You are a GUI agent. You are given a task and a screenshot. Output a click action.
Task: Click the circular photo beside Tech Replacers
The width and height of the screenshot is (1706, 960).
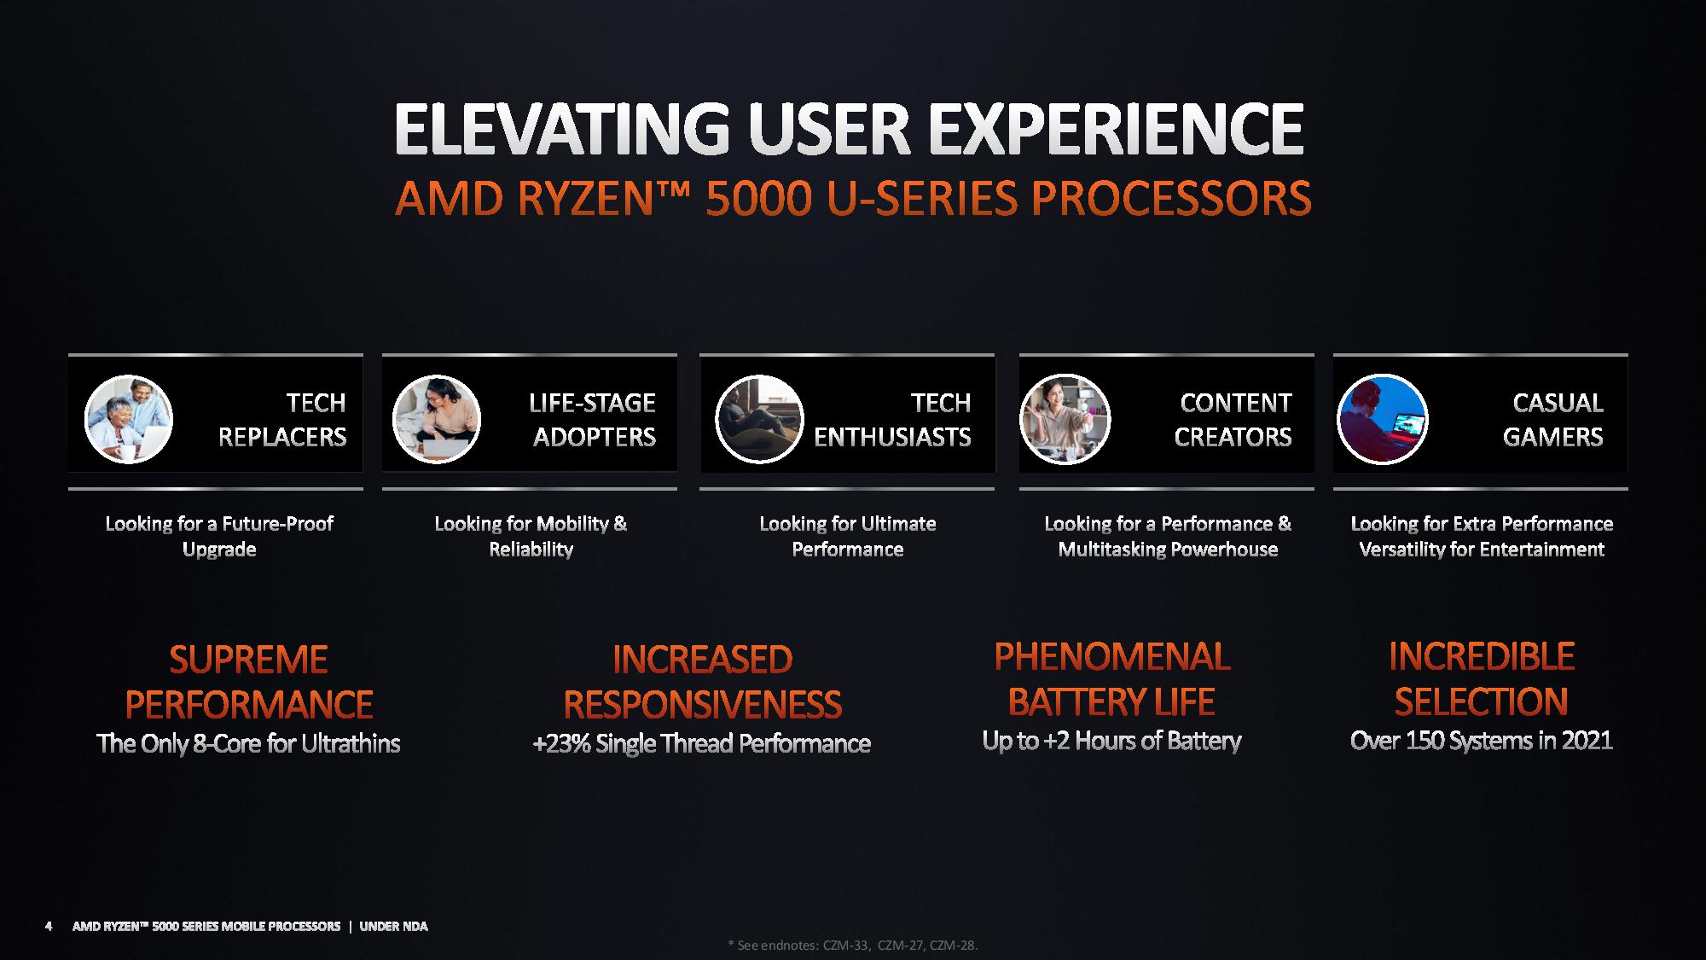(x=129, y=419)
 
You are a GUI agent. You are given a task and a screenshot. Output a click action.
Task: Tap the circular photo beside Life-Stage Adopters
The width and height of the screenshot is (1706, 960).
(x=437, y=419)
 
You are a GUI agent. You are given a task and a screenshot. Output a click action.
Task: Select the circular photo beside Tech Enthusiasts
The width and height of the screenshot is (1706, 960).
(x=759, y=419)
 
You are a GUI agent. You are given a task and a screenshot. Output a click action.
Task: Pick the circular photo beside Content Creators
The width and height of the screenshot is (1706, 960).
(x=1065, y=419)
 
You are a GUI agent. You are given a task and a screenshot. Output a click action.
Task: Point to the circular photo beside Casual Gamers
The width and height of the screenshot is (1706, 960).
(x=1382, y=419)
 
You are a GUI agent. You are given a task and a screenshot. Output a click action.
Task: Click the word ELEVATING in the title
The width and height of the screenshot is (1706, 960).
(x=562, y=130)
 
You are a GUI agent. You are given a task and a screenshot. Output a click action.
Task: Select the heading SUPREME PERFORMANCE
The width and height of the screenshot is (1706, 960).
(x=248, y=682)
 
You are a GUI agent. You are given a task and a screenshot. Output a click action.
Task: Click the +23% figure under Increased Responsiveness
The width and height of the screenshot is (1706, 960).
(x=560, y=743)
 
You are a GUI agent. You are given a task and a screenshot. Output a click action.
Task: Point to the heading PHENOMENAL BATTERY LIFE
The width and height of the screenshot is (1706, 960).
(x=1111, y=679)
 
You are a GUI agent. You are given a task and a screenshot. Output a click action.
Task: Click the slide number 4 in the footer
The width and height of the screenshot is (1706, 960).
(x=49, y=926)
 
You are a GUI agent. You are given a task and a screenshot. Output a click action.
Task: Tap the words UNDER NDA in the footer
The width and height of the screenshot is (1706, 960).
(x=393, y=926)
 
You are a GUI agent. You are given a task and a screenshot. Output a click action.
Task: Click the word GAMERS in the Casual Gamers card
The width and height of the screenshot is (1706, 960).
(x=1552, y=437)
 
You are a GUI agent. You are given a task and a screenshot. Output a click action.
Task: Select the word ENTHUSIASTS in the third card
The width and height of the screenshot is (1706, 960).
(x=892, y=437)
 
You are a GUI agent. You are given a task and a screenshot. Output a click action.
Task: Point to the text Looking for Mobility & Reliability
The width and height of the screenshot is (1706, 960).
(x=531, y=536)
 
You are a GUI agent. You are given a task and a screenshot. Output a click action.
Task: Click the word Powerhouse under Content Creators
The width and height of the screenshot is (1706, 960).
(x=1229, y=550)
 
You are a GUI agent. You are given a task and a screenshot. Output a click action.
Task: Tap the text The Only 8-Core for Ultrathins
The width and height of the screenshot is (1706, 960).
(x=248, y=743)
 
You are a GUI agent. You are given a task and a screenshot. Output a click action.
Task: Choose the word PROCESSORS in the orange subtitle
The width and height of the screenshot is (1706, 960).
(x=1170, y=198)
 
